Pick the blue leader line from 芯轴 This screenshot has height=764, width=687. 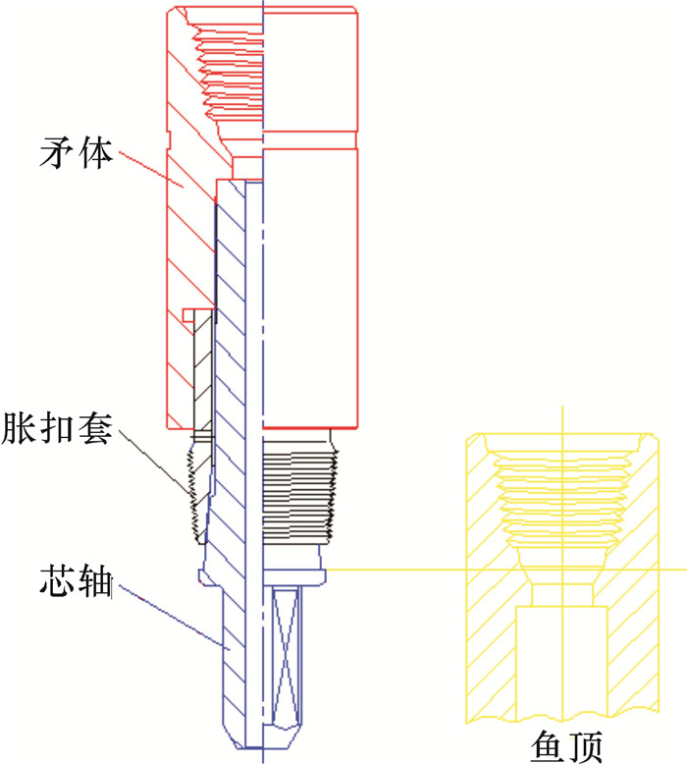[177, 618]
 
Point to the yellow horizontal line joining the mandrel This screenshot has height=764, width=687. [393, 569]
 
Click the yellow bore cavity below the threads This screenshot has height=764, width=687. [561, 658]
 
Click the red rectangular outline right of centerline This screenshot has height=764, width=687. [309, 285]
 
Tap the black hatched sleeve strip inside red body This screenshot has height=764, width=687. [201, 373]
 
